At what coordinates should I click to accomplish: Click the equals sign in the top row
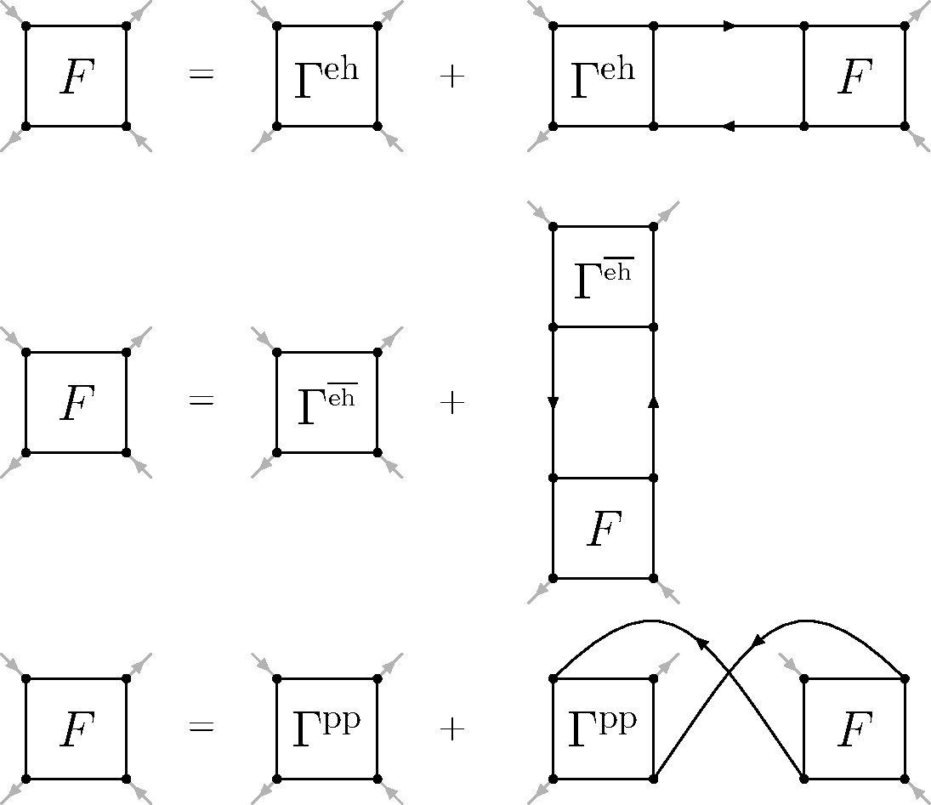(x=201, y=76)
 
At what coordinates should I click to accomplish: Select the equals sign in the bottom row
(x=201, y=728)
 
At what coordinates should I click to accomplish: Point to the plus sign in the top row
(x=451, y=77)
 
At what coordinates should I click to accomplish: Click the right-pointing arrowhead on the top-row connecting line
(x=729, y=26)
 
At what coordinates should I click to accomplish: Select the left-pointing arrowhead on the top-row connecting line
(x=728, y=127)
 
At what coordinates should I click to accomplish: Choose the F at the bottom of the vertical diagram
(x=603, y=530)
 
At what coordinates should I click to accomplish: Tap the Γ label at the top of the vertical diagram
(x=603, y=279)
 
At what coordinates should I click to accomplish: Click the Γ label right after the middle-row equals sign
(x=326, y=404)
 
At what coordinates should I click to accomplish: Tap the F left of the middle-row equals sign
(x=76, y=404)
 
